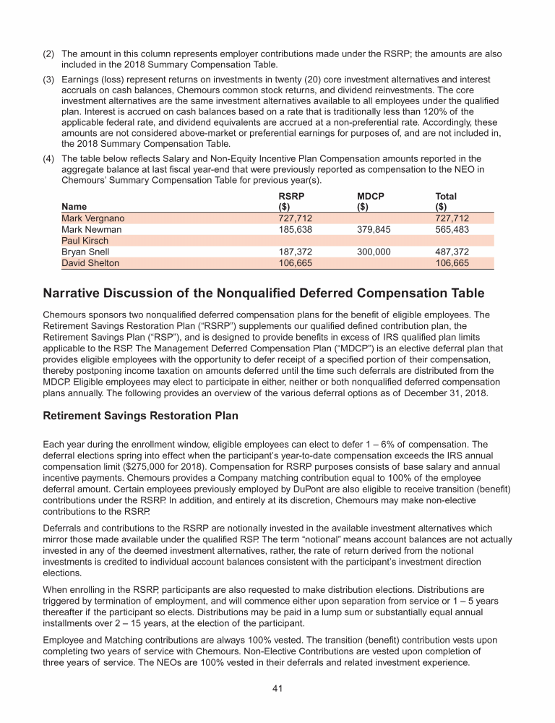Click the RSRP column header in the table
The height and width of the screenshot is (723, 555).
291,196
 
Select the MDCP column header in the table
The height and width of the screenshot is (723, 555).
370,196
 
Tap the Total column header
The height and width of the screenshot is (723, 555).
445,196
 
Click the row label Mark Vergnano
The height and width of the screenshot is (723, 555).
92,218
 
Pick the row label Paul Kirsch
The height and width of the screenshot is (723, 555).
85,241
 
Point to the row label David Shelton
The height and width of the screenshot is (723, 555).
90,263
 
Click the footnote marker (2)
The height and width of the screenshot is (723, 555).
49,54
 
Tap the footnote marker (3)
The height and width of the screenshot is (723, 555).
49,79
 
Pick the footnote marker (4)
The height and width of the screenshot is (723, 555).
49,158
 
